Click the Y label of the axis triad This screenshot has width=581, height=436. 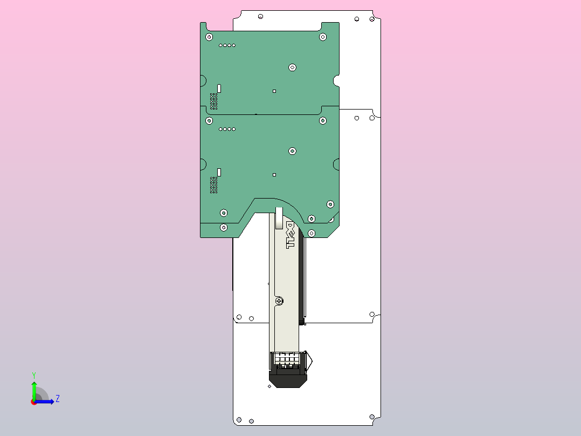(34, 375)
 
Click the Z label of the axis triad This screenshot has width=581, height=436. (58, 399)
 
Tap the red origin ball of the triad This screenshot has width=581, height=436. (34, 402)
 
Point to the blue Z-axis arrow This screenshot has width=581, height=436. (44, 401)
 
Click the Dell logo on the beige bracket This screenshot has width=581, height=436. (290, 235)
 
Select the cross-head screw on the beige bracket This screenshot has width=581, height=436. (280, 301)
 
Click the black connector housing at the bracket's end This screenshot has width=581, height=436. (288, 376)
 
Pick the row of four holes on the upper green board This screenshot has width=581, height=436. (227, 45)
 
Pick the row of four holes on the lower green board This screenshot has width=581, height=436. (227, 129)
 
